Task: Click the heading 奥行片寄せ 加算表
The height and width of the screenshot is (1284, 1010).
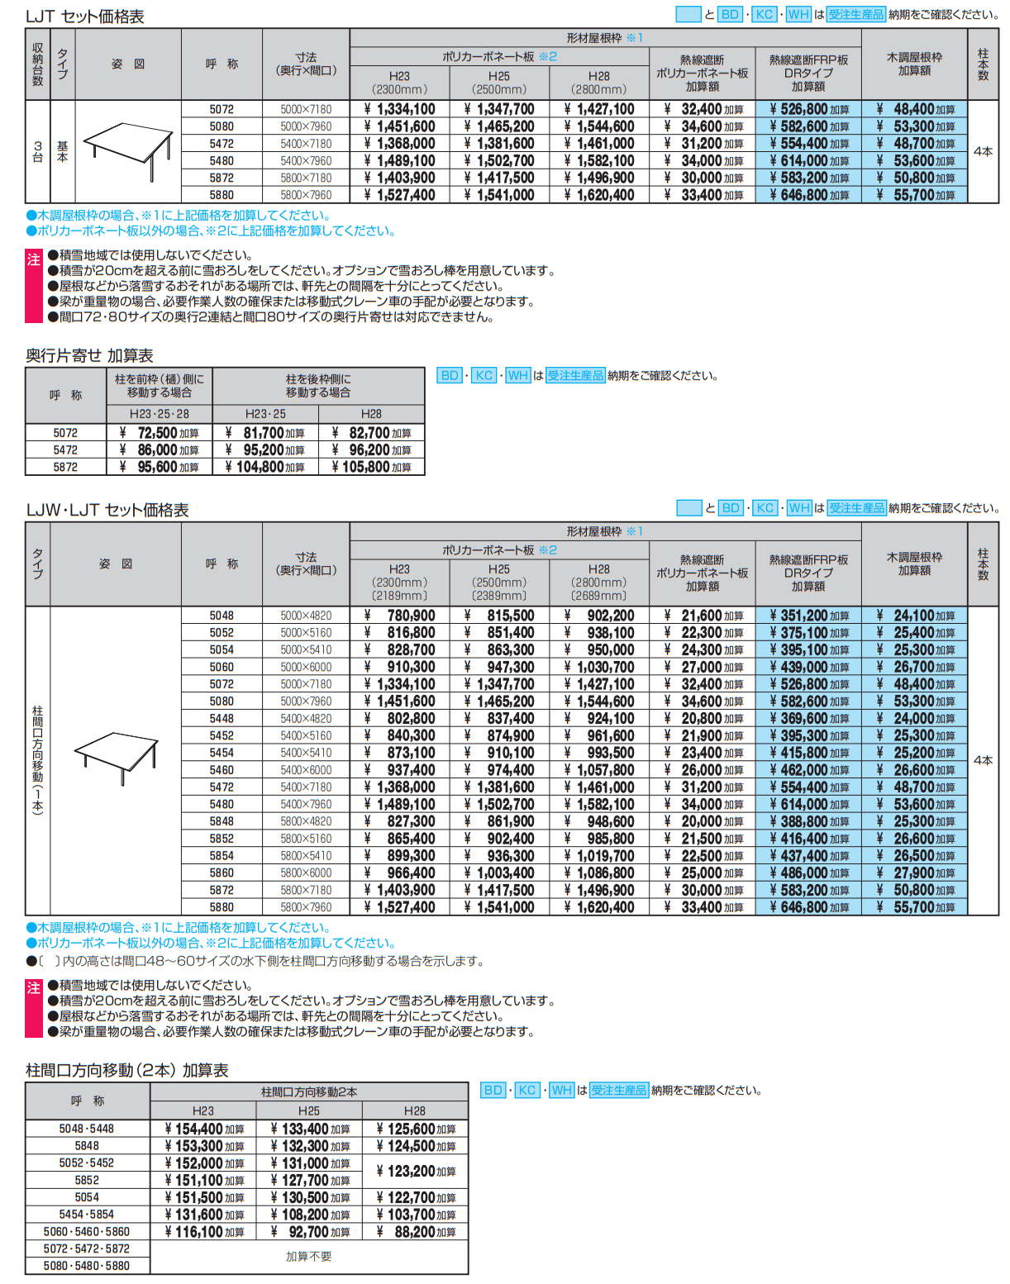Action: (89, 355)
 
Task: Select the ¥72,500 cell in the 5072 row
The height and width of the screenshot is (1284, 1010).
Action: (159, 433)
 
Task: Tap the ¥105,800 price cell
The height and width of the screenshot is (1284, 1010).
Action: (371, 467)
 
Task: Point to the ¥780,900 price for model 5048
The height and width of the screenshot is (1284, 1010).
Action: (400, 616)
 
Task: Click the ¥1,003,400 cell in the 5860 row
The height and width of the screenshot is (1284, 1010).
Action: (499, 873)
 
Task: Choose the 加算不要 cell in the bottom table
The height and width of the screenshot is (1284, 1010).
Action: (308, 1257)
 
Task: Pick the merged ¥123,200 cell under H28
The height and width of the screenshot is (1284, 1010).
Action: (415, 1172)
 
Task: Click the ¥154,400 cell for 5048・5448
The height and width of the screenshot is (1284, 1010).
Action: (203, 1129)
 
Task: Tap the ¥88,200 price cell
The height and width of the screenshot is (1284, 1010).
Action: (415, 1232)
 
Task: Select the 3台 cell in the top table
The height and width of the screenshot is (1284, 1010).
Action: (38, 151)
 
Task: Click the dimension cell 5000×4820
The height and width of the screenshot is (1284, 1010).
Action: (306, 616)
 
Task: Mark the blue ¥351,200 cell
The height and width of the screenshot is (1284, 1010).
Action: (808, 616)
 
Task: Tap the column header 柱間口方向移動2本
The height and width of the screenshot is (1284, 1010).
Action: (309, 1092)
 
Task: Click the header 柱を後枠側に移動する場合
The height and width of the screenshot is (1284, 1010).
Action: (318, 386)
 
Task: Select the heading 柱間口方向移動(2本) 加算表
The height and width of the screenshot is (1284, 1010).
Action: (126, 1070)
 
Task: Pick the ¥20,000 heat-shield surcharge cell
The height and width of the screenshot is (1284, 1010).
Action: (703, 821)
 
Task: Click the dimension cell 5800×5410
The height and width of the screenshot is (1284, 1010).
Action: (306, 856)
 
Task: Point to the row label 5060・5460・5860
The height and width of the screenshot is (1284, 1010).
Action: (87, 1232)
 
